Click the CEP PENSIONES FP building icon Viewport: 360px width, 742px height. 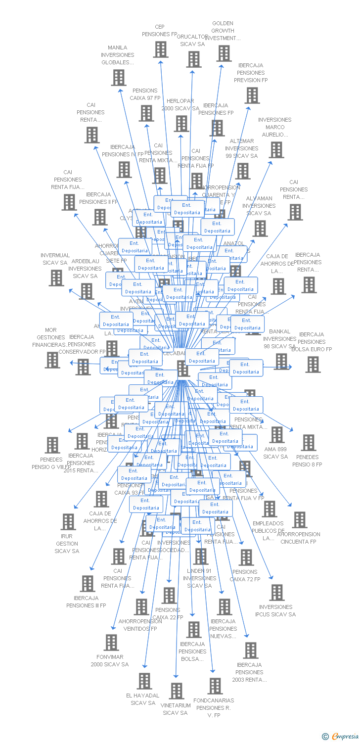pos(160,49)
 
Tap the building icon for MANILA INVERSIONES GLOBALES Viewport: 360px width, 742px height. pos(118,78)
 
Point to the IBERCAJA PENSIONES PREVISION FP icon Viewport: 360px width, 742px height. pos(252,95)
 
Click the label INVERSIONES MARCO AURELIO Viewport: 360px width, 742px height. pos(274,127)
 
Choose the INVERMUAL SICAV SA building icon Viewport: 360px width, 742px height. pos(56,278)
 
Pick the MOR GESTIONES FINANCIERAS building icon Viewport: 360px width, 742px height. pos(52,360)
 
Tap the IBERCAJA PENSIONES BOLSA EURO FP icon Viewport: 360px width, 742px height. pos(313,365)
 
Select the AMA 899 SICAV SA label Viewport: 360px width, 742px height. pos(275,453)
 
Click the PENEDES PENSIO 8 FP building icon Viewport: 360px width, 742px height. pos(308,443)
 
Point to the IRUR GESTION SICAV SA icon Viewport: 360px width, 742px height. pos(68,522)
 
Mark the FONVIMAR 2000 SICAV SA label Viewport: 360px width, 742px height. pos(110,660)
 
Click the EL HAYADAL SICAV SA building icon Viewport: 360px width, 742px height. pos(144,681)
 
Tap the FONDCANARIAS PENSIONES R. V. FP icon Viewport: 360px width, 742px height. pos(215,686)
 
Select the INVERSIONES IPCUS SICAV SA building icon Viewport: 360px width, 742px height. pos(276,593)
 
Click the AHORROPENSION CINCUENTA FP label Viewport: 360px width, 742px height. pos(299,538)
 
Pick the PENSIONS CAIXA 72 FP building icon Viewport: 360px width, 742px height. pos(246,557)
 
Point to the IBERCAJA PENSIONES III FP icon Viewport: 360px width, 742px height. pos(88,584)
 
